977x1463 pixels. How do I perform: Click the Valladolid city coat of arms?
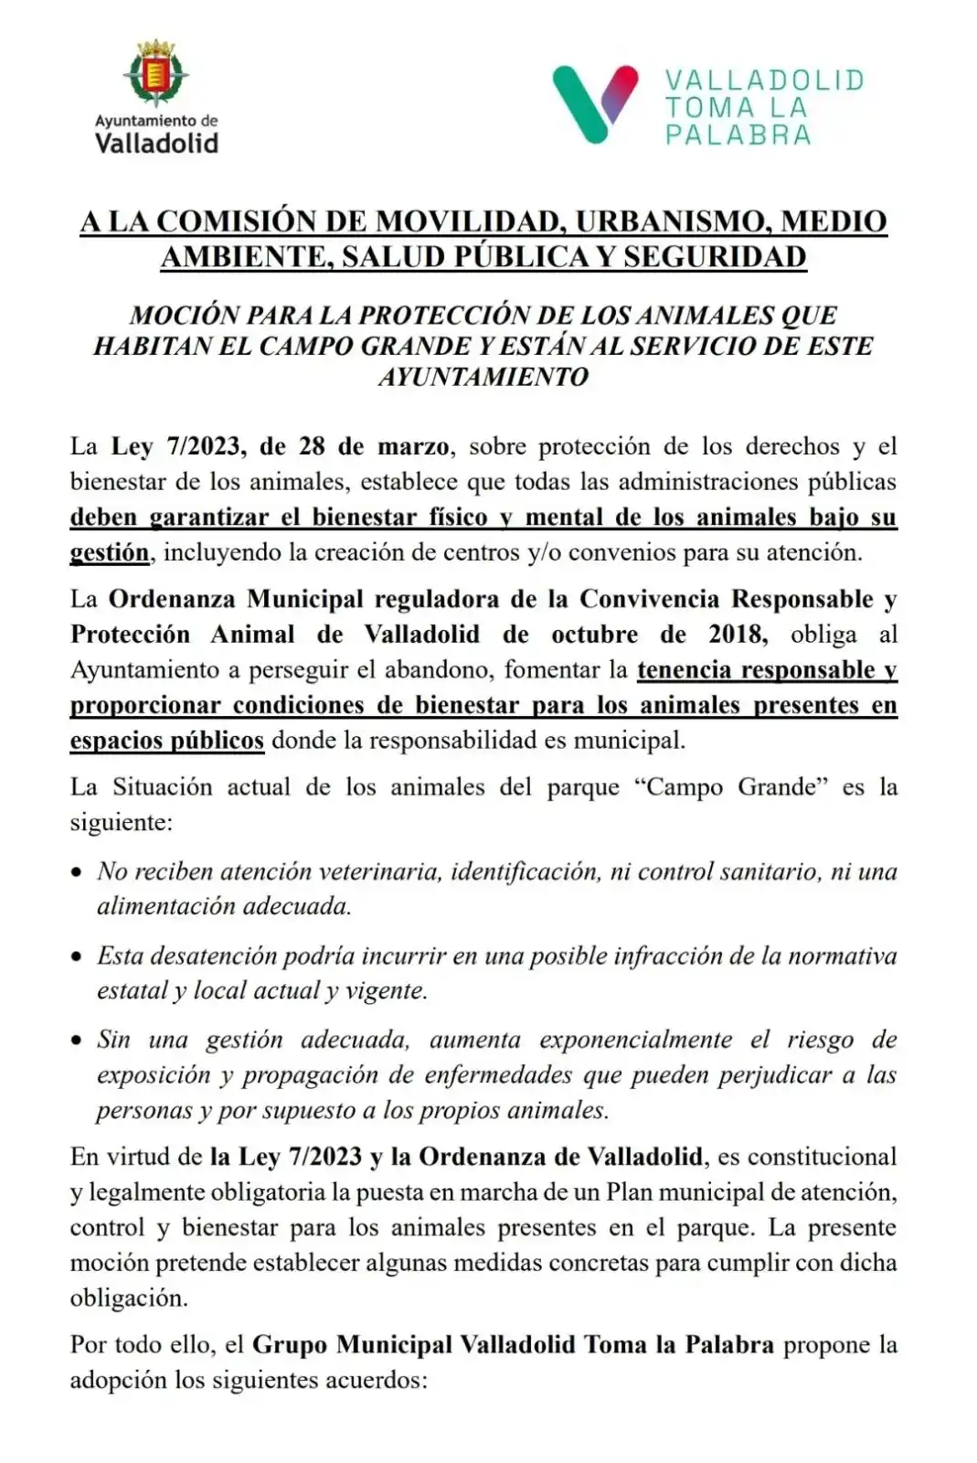(157, 74)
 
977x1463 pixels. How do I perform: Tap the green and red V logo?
(594, 103)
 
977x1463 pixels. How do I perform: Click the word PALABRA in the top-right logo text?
(738, 136)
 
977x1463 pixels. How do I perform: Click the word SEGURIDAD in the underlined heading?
(715, 257)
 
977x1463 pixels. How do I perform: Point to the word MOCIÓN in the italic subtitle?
(175, 315)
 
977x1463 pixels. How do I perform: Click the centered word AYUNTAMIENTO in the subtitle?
(483, 377)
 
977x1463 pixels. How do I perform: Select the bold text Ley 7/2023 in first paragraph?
(178, 447)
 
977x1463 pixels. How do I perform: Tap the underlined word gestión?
(109, 552)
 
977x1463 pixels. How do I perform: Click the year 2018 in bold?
(737, 635)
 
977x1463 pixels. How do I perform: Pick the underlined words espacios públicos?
(167, 741)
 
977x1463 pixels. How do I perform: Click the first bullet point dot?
(78, 873)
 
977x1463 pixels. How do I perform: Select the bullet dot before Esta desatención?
(78, 957)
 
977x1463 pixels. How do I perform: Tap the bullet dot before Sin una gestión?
(78, 1041)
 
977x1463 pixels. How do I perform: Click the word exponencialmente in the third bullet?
(635, 1041)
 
